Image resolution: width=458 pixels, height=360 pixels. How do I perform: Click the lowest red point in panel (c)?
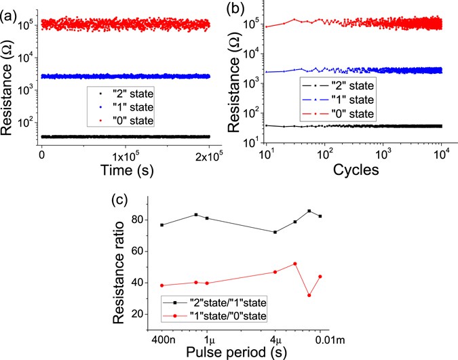point(309,295)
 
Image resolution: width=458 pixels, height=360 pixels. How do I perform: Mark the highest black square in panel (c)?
point(309,211)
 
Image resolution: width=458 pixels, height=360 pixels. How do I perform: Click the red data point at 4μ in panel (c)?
point(275,272)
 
